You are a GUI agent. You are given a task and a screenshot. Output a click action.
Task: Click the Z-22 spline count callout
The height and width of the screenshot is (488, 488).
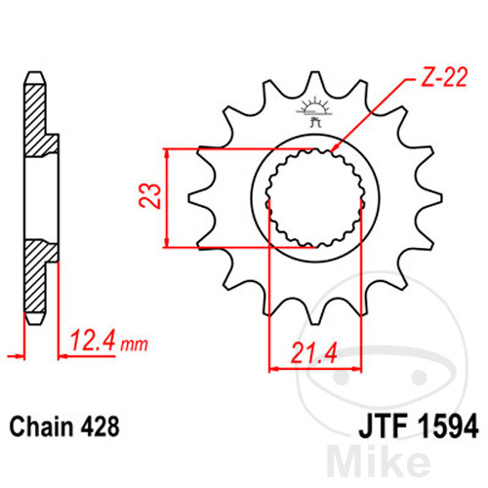tap(444, 77)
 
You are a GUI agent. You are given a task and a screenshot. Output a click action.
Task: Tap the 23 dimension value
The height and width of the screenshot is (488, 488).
tap(150, 195)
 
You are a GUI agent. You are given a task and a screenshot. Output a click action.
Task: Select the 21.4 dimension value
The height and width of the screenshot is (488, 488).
tap(313, 353)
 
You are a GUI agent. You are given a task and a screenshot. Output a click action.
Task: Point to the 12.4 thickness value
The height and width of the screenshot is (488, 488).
tap(93, 341)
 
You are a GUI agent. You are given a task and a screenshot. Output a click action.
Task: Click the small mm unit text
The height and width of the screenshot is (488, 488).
tap(134, 345)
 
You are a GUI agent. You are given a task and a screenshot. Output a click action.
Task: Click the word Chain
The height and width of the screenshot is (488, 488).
tap(41, 427)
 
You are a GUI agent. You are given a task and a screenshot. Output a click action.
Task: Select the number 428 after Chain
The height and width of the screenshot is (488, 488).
tap(99, 427)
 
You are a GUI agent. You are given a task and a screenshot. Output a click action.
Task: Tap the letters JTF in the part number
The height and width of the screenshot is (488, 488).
tap(383, 427)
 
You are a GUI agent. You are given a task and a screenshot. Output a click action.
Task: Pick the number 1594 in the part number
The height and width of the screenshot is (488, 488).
tap(448, 427)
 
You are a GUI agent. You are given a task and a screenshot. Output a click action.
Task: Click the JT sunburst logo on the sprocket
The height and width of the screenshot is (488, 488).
tap(314, 111)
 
